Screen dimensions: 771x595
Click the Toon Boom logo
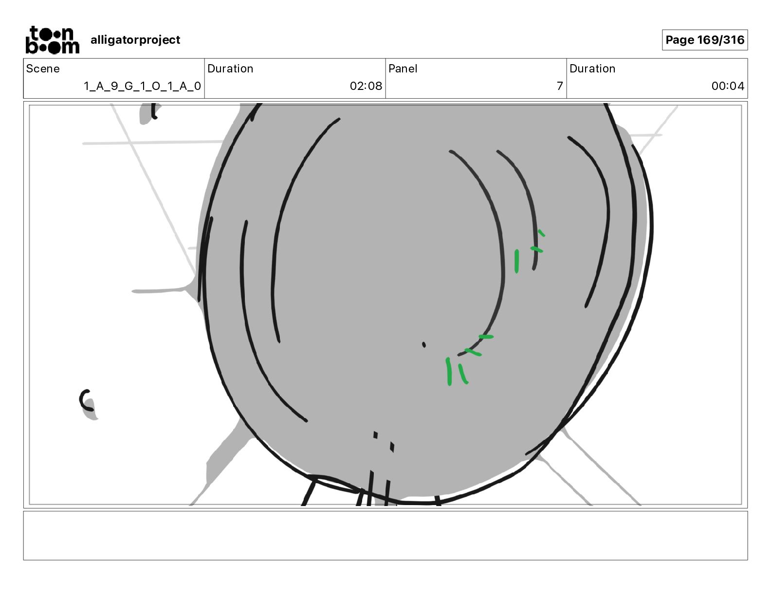point(53,40)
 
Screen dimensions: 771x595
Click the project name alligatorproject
point(135,40)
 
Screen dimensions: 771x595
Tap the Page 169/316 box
point(705,40)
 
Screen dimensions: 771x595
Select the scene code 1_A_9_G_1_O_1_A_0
point(142,86)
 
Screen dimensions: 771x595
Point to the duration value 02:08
point(366,86)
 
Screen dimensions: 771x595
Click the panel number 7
point(560,86)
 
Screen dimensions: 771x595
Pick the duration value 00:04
point(728,86)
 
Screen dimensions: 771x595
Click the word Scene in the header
point(42,69)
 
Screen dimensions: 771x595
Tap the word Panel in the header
point(403,69)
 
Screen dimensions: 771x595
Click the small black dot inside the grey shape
point(423,345)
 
